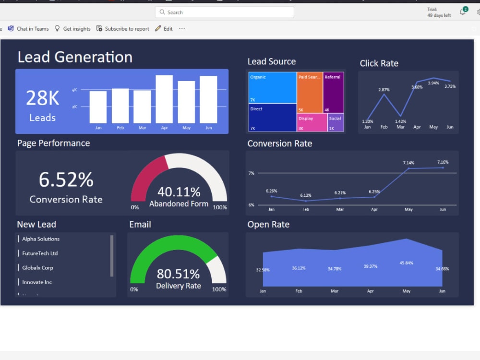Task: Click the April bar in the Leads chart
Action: click(x=164, y=99)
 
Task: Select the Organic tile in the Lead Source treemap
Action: click(x=272, y=87)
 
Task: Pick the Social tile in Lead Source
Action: click(x=336, y=122)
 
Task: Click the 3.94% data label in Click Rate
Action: click(x=433, y=83)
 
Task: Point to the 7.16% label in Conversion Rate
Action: click(x=443, y=162)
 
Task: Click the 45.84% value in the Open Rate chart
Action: click(x=406, y=263)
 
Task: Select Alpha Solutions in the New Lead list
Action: click(x=41, y=239)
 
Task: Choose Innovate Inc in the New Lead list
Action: click(x=37, y=282)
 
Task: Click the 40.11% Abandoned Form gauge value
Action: click(x=179, y=192)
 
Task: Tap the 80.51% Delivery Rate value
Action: click(x=178, y=274)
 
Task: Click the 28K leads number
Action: click(x=42, y=98)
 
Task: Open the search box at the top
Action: click(x=225, y=12)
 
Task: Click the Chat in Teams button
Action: click(x=28, y=29)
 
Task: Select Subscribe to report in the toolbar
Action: click(x=123, y=29)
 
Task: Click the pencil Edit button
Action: click(x=164, y=29)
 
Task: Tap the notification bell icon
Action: click(x=463, y=12)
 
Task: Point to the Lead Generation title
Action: click(x=75, y=57)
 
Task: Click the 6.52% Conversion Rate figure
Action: click(x=66, y=180)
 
